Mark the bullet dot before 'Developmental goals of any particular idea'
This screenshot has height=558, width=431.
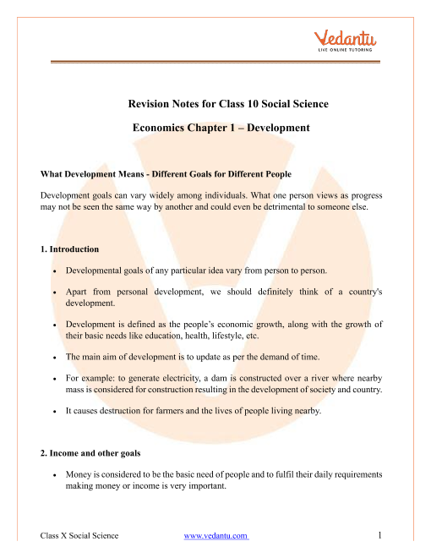(x=55, y=270)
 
